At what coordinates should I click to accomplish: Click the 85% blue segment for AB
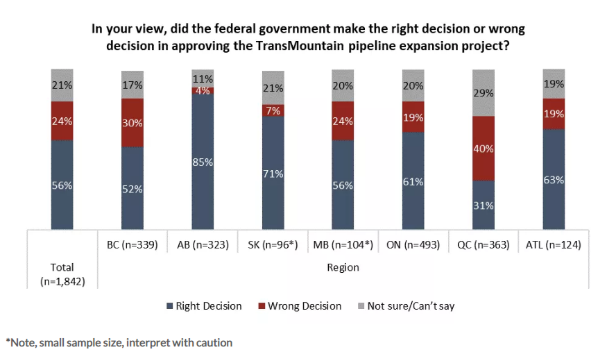click(x=203, y=161)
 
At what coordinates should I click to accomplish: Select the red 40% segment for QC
click(x=484, y=148)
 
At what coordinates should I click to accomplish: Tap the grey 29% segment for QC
click(x=484, y=92)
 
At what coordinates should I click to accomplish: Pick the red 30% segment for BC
click(x=132, y=123)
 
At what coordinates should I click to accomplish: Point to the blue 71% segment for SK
click(x=273, y=172)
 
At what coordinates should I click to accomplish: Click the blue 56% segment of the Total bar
click(x=62, y=185)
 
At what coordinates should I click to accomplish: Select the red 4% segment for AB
click(x=203, y=90)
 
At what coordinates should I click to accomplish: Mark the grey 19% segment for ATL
click(x=554, y=84)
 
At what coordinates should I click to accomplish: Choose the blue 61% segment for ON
click(x=413, y=180)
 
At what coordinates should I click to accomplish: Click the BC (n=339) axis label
click(x=132, y=244)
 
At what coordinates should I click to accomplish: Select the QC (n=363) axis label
click(x=484, y=244)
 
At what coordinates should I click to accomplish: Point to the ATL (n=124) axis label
click(x=554, y=244)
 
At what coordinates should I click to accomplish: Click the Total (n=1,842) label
click(x=62, y=274)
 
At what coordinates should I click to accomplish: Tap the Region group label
click(x=343, y=267)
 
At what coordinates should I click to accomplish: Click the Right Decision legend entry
click(x=204, y=306)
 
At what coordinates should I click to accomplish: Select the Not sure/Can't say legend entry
click(x=408, y=306)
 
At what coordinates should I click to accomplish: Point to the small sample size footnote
click(x=119, y=342)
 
